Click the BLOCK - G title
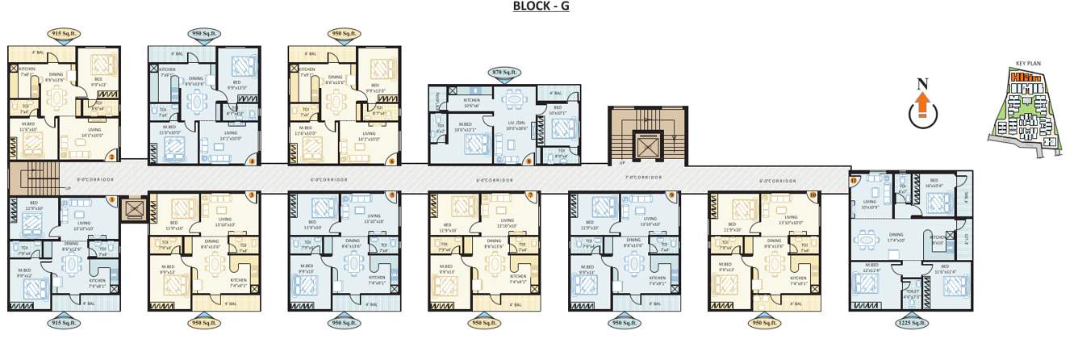click(x=541, y=7)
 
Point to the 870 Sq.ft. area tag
click(x=504, y=73)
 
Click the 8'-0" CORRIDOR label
click(x=95, y=179)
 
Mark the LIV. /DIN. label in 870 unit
click(x=515, y=123)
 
